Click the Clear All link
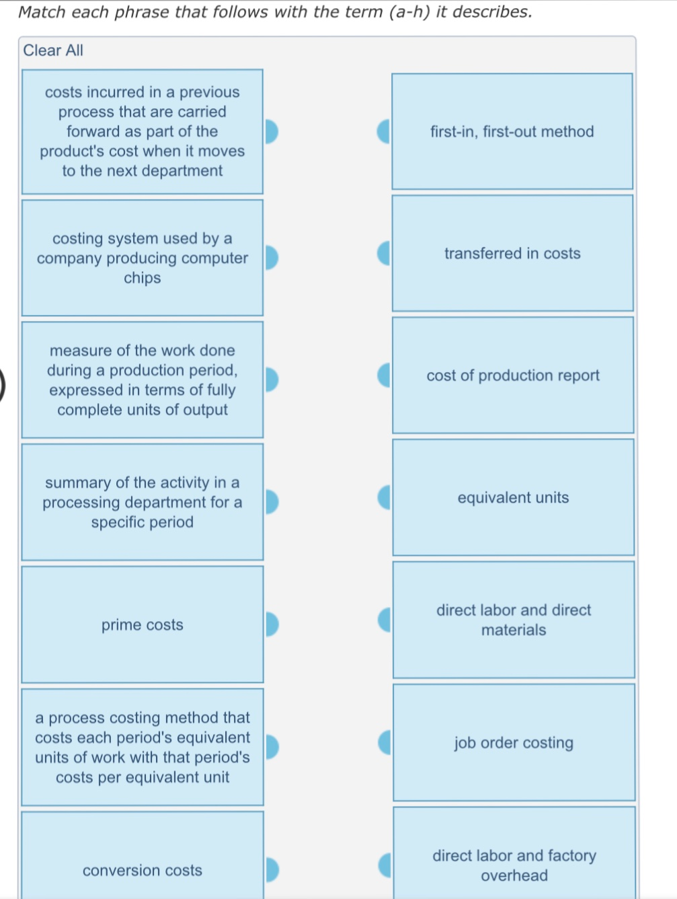[53, 50]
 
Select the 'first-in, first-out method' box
[512, 131]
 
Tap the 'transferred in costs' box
[512, 253]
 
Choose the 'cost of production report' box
[513, 375]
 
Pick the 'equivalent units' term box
[514, 497]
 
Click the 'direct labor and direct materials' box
[514, 620]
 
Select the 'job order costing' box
[514, 742]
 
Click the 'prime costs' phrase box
[143, 624]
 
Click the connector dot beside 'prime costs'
[272, 624]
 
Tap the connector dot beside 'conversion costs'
[272, 870]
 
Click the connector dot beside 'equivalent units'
[384, 497]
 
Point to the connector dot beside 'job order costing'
[385, 742]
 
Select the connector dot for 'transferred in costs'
[384, 253]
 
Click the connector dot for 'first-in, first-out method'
[383, 131]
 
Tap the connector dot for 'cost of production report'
[384, 375]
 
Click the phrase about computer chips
[143, 258]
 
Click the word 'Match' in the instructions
[42, 12]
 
